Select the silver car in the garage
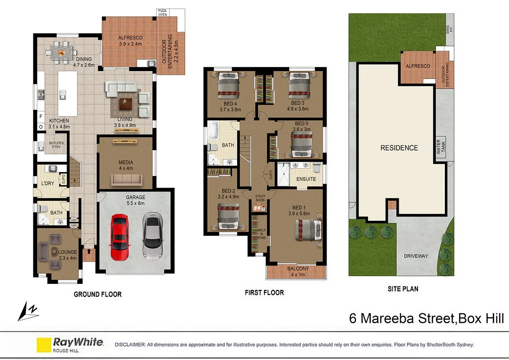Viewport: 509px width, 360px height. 152,236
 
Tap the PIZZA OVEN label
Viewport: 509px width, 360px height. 163,12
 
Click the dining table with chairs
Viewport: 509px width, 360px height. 62,50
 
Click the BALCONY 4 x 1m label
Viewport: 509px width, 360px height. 298,271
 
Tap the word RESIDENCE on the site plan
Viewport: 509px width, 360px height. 399,148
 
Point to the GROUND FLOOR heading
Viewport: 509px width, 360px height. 97,294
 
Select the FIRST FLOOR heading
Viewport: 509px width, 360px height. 264,292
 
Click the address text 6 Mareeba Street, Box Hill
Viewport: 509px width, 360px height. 426,318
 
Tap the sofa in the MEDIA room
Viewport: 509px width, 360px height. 126,180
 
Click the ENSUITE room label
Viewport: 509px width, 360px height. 306,179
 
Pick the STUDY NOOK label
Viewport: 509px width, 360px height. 260,198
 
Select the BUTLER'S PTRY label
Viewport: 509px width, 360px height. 57,146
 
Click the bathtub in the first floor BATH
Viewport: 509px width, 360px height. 213,133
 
